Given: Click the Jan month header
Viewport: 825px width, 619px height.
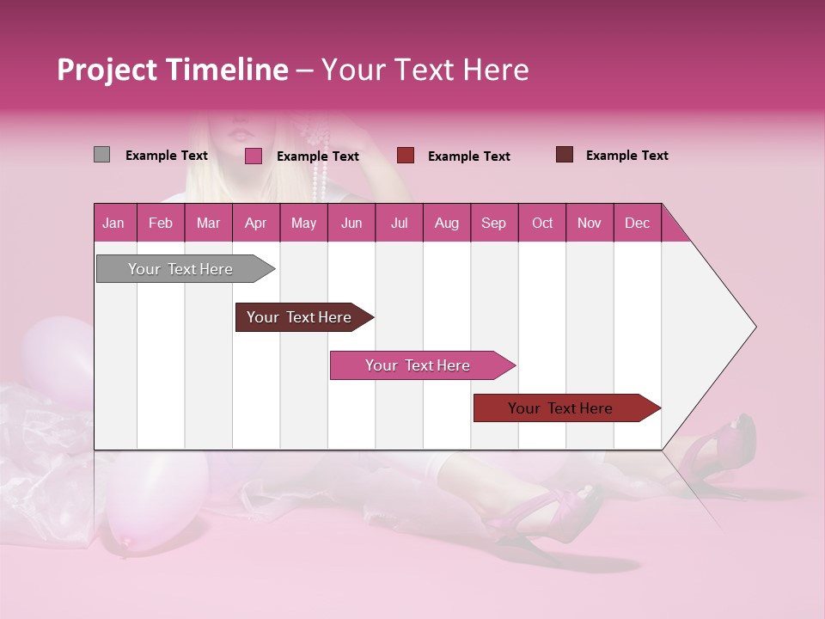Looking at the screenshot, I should point(113,223).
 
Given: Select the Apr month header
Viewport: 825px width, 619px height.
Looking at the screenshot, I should point(255,223).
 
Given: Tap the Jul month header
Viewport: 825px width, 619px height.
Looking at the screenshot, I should point(399,223).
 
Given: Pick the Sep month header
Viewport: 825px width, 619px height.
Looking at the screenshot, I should point(493,223).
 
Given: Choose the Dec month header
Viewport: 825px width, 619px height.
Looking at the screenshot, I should point(637,223).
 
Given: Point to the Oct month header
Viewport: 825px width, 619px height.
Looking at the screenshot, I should point(542,223).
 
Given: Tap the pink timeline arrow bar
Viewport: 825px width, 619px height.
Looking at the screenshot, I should point(419,365).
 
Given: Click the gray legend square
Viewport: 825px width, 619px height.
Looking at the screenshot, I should point(101,155).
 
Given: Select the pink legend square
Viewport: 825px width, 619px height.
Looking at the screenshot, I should point(253,156).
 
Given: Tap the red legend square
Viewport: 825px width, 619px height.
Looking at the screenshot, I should point(406,155).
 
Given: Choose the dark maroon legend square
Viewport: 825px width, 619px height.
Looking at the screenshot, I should point(565,155).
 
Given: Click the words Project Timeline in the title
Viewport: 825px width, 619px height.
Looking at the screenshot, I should point(172,70).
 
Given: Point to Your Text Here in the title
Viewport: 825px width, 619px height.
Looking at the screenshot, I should point(425,70).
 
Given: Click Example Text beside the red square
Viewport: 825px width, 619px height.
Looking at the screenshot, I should point(468,156).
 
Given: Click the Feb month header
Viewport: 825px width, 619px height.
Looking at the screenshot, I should point(161,223).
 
